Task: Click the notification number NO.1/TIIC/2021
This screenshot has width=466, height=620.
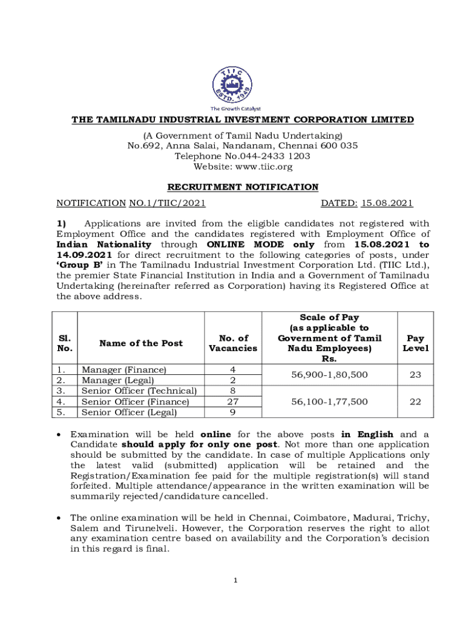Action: (x=167, y=204)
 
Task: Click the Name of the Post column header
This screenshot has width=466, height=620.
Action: (x=140, y=343)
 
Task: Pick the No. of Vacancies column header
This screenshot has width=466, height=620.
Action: (x=233, y=343)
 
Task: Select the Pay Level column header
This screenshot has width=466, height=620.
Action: (x=415, y=343)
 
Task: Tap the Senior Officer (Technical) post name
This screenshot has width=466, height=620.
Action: (x=139, y=391)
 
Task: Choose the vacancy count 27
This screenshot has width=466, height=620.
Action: (x=233, y=401)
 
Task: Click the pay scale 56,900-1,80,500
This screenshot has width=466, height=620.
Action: (x=329, y=375)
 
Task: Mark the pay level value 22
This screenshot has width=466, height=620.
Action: (x=415, y=401)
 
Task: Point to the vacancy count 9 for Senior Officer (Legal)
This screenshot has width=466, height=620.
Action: (x=233, y=412)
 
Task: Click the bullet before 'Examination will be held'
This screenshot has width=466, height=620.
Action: (x=59, y=435)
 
